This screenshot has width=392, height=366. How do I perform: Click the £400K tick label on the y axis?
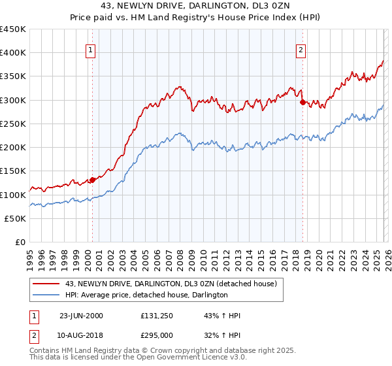click(13, 53)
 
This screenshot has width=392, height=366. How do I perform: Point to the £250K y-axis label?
click(13, 124)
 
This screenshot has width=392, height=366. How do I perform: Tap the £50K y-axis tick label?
click(16, 218)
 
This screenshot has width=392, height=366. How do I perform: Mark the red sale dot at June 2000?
click(92, 180)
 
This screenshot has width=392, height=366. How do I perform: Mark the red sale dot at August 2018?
click(302, 102)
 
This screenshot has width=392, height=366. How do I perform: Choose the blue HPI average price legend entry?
click(146, 295)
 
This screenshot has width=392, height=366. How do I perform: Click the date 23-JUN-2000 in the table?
click(81, 316)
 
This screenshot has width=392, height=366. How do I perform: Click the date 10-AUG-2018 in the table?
click(81, 335)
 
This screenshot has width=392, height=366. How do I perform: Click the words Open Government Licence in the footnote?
click(189, 359)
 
